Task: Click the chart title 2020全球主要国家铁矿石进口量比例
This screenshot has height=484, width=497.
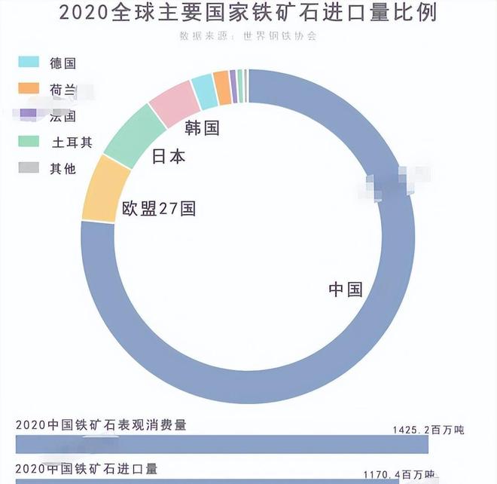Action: pos(248,13)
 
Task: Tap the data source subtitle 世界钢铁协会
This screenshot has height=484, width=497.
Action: pos(248,35)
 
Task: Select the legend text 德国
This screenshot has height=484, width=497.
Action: pos(63,63)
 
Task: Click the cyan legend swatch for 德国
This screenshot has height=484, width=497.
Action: pos(28,63)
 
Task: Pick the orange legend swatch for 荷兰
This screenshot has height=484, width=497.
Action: pos(28,89)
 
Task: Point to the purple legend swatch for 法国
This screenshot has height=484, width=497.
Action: pos(28,115)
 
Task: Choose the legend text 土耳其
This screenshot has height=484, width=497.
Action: pos(71,142)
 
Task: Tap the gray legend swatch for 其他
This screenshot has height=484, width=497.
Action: pos(28,168)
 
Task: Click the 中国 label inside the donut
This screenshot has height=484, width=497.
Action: pos(346,289)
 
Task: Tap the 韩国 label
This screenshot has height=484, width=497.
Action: pos(202,128)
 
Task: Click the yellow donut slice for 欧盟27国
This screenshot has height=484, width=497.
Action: pos(105,188)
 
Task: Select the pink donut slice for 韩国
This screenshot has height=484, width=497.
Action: pos(175,100)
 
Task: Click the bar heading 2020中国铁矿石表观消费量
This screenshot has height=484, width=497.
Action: pos(101,425)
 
